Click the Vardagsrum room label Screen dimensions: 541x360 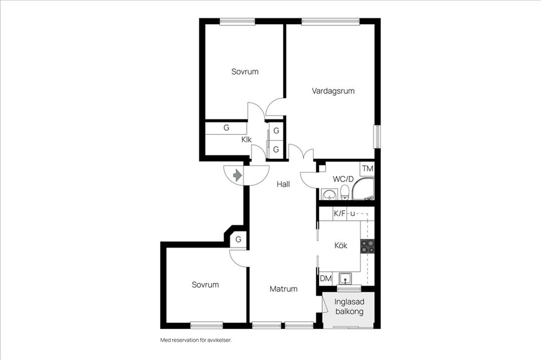click(333, 91)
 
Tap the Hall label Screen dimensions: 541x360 click(283, 184)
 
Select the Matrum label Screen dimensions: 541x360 click(283, 289)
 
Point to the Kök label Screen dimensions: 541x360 click(341, 246)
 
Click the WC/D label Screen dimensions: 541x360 click(343, 179)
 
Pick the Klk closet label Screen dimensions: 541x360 click(246, 140)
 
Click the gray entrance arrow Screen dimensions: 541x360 click(237, 176)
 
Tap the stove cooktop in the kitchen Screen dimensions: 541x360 click(367, 246)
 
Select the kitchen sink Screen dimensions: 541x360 click(345, 278)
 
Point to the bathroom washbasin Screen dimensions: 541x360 click(330, 194)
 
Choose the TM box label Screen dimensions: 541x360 click(368, 168)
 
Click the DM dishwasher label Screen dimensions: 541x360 click(326, 278)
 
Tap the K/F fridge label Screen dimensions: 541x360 click(339, 214)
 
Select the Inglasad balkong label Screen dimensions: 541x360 click(349, 306)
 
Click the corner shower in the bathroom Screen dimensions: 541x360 click(363, 189)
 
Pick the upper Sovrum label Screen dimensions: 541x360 click(245, 72)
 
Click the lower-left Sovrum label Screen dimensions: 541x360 click(205, 285)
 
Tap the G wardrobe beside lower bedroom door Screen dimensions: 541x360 click(238, 239)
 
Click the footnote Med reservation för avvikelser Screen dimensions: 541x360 click(196, 340)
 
